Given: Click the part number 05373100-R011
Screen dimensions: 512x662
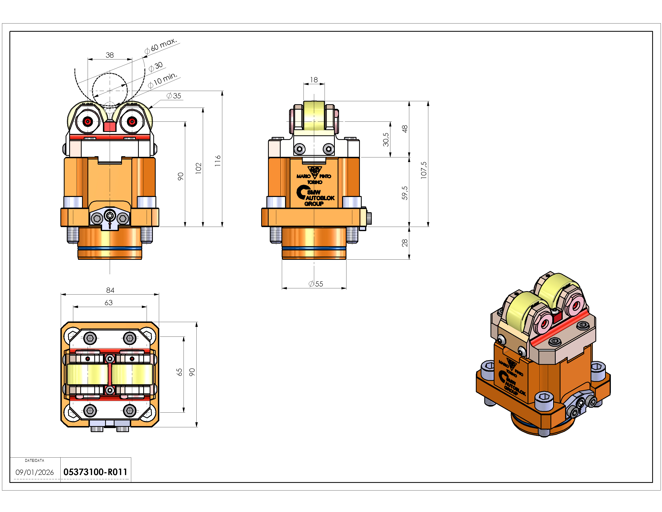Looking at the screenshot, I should tap(95, 472).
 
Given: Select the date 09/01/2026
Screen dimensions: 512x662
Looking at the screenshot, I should tap(35, 472).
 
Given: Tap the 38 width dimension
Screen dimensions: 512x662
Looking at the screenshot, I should tap(110, 55).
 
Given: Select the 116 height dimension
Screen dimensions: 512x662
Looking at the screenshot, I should tap(218, 161).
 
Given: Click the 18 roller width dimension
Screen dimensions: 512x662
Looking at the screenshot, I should tap(314, 80).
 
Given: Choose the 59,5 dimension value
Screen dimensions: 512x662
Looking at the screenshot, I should tap(405, 193).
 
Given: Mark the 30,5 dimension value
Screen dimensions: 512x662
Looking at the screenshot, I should tap(386, 140).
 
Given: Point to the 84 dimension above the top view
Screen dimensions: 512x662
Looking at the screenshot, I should tap(110, 290).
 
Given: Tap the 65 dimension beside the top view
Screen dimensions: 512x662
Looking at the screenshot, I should tap(180, 372).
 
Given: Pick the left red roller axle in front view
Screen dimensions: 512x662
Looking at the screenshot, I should tap(88, 122).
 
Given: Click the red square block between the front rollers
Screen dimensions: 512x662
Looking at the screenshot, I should tap(110, 126).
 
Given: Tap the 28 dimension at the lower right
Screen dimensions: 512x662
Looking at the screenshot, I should tap(405, 243).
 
